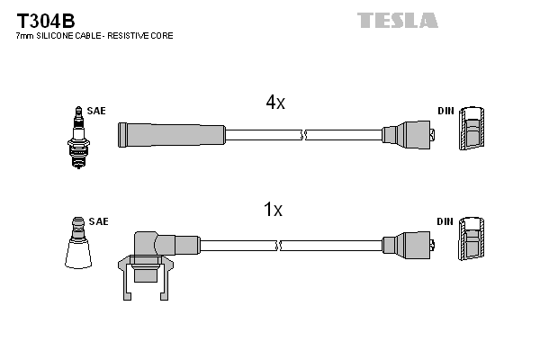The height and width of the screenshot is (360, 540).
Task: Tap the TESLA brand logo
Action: (x=397, y=20)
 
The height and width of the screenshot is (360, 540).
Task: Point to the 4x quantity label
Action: (x=274, y=103)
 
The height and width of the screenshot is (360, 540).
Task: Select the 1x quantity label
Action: (x=273, y=211)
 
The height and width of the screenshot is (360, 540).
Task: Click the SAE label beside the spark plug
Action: (x=96, y=111)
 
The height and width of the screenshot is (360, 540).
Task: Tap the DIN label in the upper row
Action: (x=445, y=111)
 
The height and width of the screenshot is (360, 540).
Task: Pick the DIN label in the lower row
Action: (x=445, y=221)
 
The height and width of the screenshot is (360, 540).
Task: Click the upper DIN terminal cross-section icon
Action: (x=471, y=133)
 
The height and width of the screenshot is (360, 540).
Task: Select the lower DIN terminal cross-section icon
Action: (x=471, y=244)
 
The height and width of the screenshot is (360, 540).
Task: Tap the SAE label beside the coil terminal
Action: (x=99, y=221)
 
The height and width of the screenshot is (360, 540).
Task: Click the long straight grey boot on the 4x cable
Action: (x=171, y=135)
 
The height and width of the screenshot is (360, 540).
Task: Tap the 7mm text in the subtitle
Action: (x=25, y=36)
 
